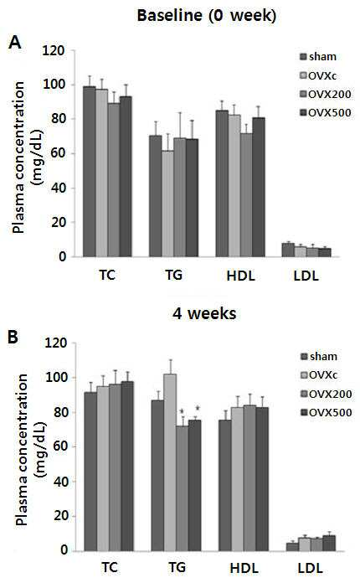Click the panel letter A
pyautogui.click(x=15, y=43)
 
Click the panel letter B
pyautogui.click(x=13, y=337)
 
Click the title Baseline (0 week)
pyautogui.click(x=207, y=16)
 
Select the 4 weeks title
pyautogui.click(x=204, y=314)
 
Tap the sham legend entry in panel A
pyautogui.click(x=318, y=57)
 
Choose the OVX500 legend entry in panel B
pyautogui.click(x=326, y=412)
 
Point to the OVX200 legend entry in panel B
pyautogui.click(x=326, y=394)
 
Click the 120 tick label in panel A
pyautogui.click(x=54, y=50)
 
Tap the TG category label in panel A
pyautogui.click(x=173, y=275)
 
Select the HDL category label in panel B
pyautogui.click(x=244, y=569)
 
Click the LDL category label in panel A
pyautogui.click(x=306, y=276)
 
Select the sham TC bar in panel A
pyautogui.click(x=90, y=172)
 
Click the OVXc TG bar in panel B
pyautogui.click(x=170, y=462)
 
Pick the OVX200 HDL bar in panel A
pyautogui.click(x=246, y=195)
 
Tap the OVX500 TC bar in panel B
pyautogui.click(x=127, y=466)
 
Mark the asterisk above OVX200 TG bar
pyautogui.click(x=182, y=411)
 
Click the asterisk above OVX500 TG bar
pyautogui.click(x=198, y=408)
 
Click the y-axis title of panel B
pyautogui.click(x=30, y=450)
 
